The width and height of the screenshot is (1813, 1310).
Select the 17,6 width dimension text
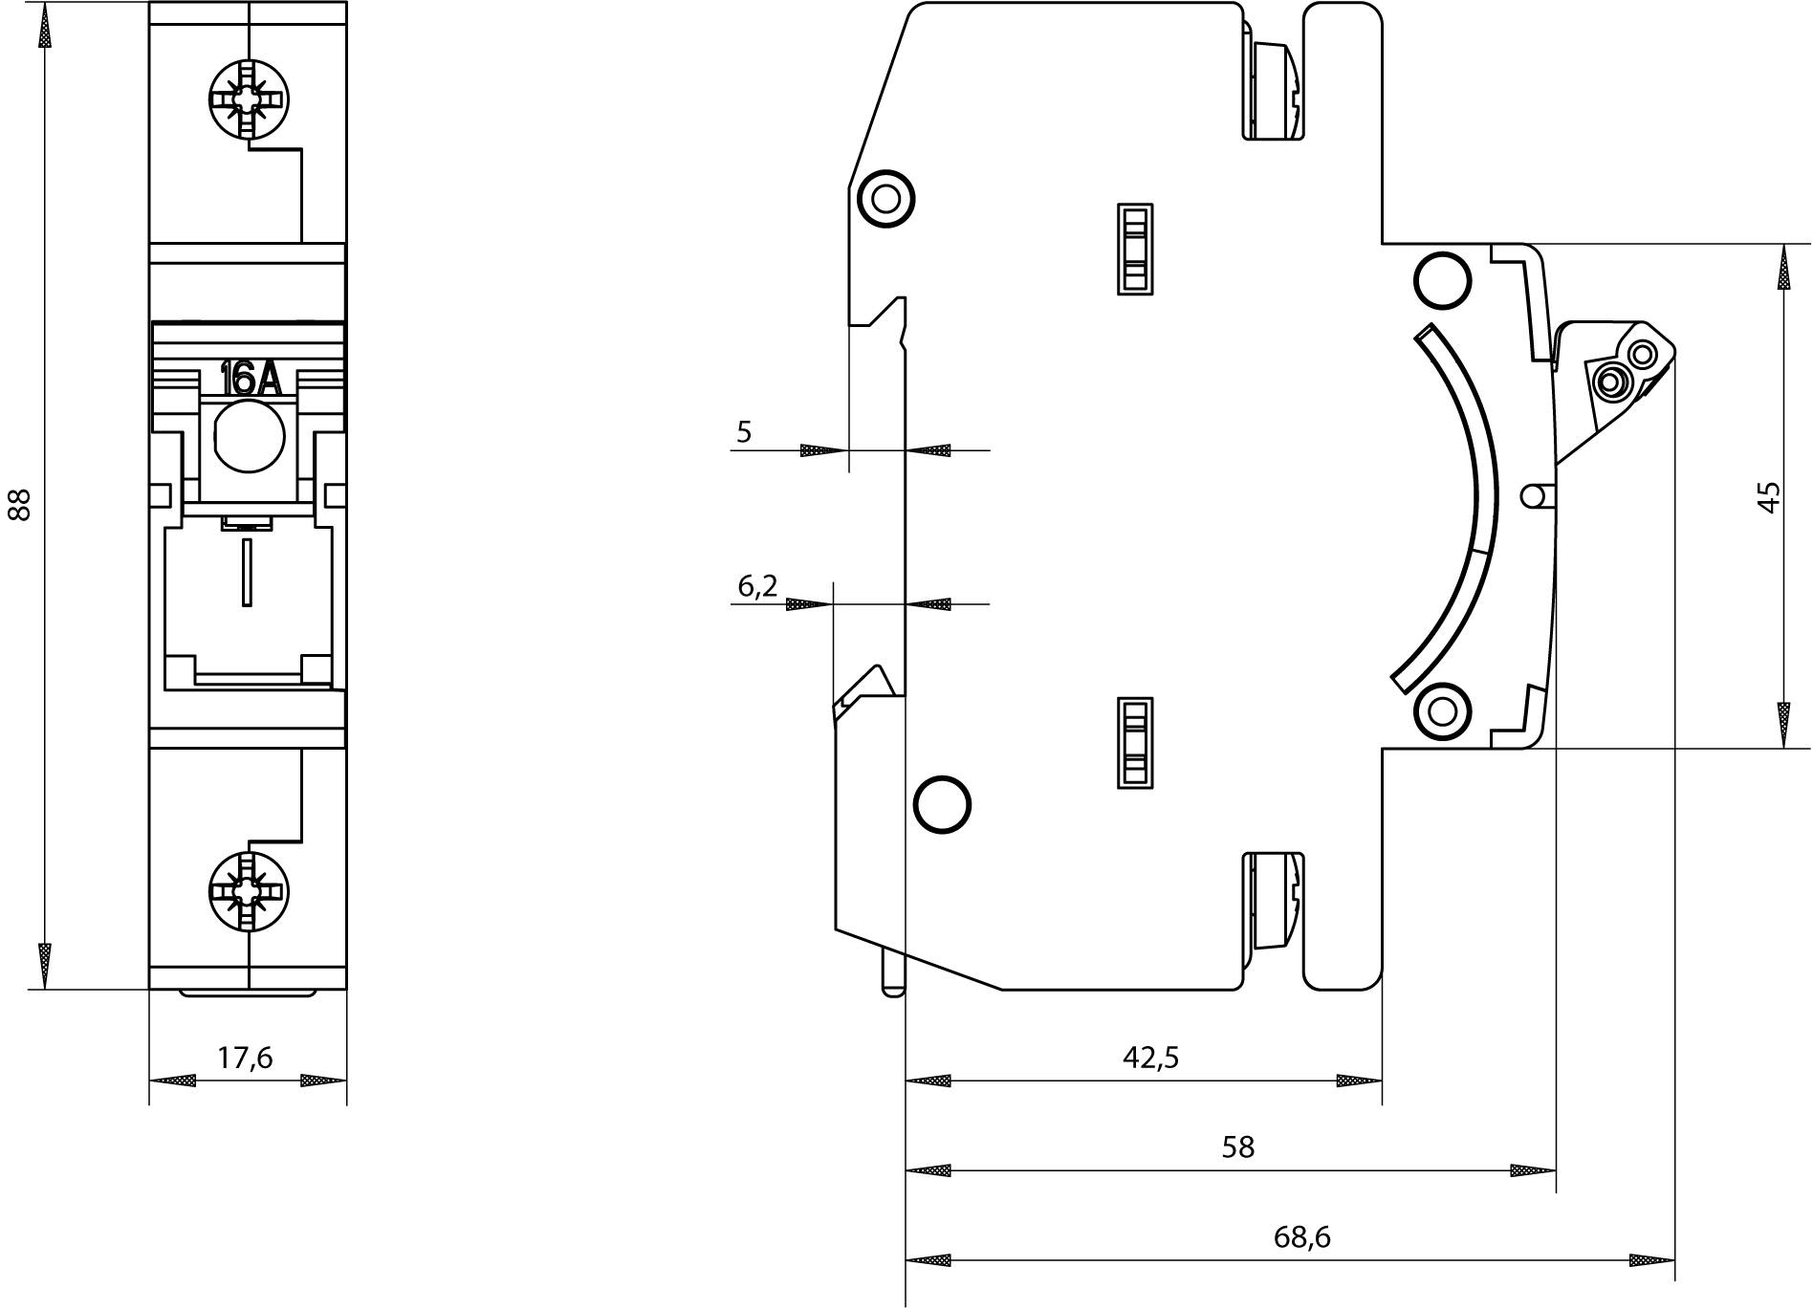click(x=246, y=1058)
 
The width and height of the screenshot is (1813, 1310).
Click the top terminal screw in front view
click(x=248, y=98)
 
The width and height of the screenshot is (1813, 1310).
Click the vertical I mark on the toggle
click(x=247, y=572)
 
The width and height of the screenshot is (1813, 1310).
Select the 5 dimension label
click(x=744, y=432)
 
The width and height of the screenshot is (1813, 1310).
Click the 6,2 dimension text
click(x=757, y=586)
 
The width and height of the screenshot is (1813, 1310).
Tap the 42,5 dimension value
click(x=1150, y=1057)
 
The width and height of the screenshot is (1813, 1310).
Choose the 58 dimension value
click(x=1237, y=1146)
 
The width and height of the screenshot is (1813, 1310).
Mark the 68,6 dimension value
click(x=1301, y=1237)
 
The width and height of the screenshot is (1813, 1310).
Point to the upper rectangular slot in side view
click(x=1134, y=249)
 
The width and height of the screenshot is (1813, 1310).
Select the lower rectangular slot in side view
click(x=1134, y=742)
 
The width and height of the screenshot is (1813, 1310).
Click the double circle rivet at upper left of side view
click(x=886, y=199)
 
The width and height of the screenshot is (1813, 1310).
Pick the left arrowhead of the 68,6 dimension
click(x=928, y=1261)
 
